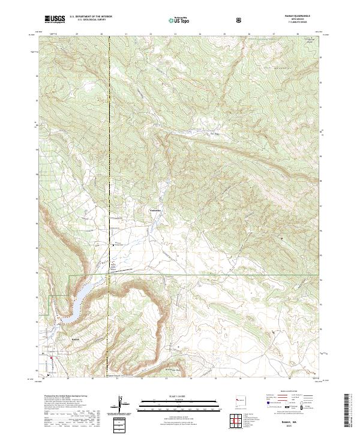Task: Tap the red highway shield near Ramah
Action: click(x=52, y=359)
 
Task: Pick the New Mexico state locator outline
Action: click(x=242, y=399)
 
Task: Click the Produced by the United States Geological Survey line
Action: click(x=66, y=396)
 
